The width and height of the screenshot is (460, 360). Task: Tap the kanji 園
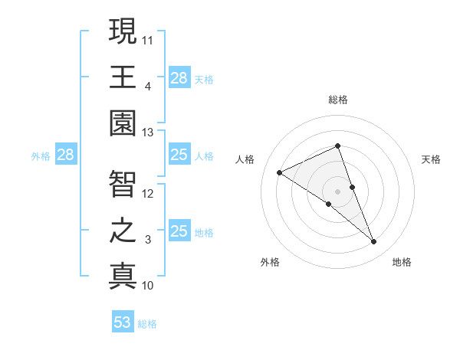(x=122, y=125)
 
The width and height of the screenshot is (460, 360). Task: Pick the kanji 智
(x=122, y=184)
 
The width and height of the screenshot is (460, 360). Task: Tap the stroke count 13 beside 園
(x=148, y=133)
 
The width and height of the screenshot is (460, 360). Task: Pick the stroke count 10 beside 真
(x=148, y=286)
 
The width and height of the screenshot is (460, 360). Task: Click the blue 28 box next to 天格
(x=179, y=77)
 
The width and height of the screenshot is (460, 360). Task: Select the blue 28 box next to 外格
(x=66, y=155)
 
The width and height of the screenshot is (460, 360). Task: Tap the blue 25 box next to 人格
(x=179, y=155)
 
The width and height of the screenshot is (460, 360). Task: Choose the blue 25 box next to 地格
(x=179, y=231)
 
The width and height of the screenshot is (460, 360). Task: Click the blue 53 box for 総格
(x=123, y=322)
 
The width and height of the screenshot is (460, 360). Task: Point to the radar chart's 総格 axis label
(x=338, y=100)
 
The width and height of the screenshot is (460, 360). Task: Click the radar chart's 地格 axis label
(x=402, y=262)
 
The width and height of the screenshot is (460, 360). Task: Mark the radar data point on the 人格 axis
(x=280, y=173)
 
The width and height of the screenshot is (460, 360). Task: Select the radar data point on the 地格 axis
(x=374, y=242)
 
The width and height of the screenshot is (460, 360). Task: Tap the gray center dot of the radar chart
(x=338, y=190)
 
